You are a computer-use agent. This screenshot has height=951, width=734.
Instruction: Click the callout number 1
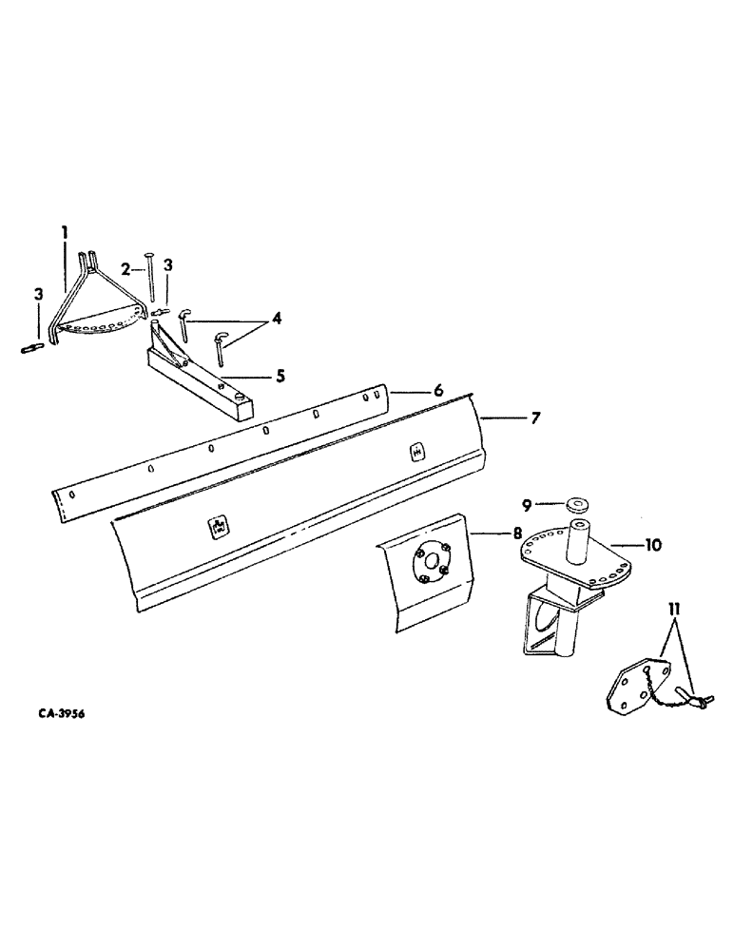65,231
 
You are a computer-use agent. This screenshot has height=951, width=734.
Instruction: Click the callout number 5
280,376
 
